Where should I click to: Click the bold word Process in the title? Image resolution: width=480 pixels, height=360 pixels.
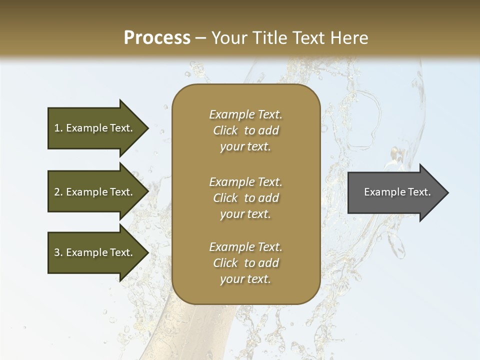click(157, 38)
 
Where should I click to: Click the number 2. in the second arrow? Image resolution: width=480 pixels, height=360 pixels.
click(58, 192)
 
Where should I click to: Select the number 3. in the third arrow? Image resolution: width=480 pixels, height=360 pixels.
click(58, 252)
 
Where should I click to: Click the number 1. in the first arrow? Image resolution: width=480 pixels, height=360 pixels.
click(58, 128)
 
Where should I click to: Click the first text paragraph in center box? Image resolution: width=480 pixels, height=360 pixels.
click(245, 130)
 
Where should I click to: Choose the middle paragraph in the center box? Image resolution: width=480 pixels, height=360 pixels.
click(245, 198)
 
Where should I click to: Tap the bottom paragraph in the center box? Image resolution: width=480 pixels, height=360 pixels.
click(245, 263)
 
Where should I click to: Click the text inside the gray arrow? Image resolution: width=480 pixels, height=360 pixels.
click(397, 192)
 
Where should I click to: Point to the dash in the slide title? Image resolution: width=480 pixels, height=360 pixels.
click(201, 38)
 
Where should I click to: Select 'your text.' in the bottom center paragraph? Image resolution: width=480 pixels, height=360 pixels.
click(245, 279)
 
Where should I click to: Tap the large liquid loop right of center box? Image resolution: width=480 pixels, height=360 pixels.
click(365, 122)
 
